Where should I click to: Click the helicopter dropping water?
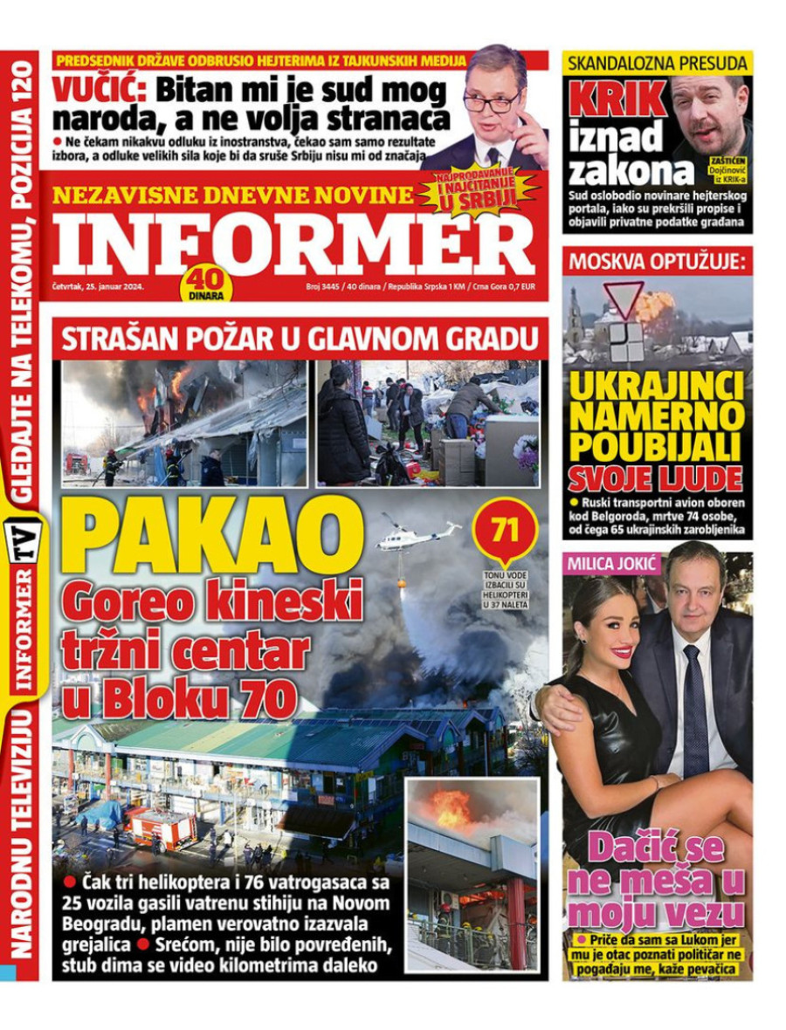[417, 535]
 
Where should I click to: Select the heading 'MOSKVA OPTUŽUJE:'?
[658, 261]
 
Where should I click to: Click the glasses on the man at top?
[491, 101]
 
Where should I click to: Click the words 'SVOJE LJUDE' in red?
[657, 477]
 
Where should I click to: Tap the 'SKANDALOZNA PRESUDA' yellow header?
[658, 63]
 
